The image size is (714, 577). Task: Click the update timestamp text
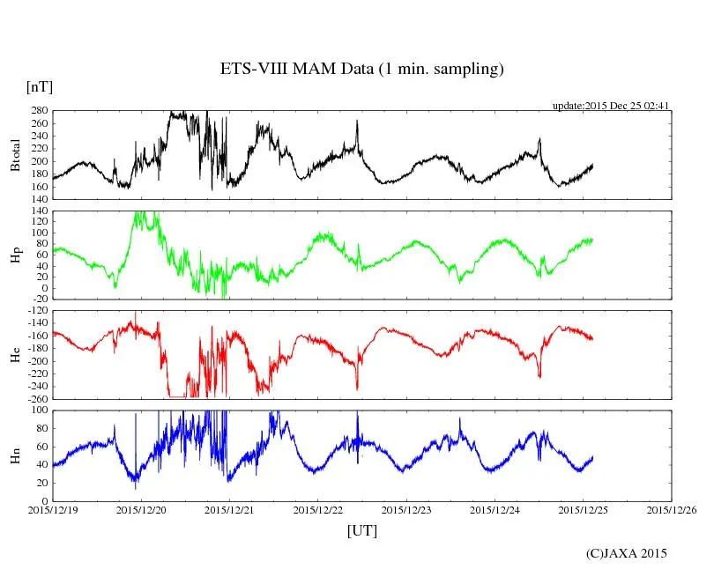pyautogui.click(x=611, y=106)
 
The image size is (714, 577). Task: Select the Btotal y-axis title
pyautogui.click(x=15, y=156)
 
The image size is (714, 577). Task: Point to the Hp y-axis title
pyautogui.click(x=15, y=255)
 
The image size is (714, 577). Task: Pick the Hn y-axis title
pyautogui.click(x=15, y=455)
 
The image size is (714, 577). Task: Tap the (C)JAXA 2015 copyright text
pyautogui.click(x=627, y=553)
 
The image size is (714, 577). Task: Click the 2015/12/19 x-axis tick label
pyautogui.click(x=52, y=509)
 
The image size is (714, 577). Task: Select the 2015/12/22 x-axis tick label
pyautogui.click(x=318, y=509)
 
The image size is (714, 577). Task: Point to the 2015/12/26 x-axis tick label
pyautogui.click(x=672, y=509)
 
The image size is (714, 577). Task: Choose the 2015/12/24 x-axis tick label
pyautogui.click(x=495, y=509)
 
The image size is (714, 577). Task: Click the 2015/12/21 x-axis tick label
pyautogui.click(x=229, y=509)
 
